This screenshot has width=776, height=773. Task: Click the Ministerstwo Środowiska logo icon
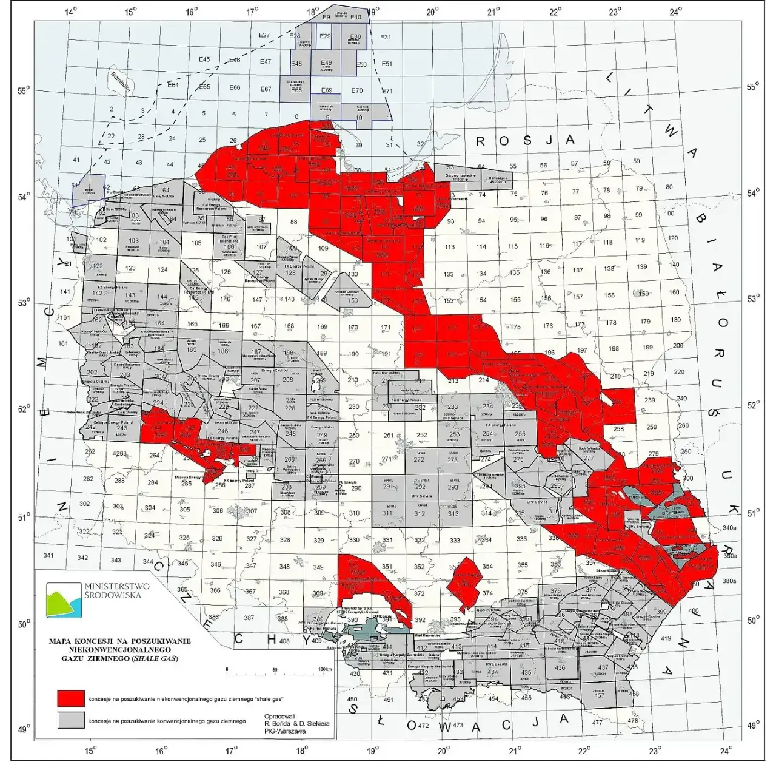pyautogui.click(x=64, y=599)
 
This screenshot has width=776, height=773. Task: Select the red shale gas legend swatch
pyautogui.click(x=70, y=698)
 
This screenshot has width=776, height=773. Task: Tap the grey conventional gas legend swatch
pyautogui.click(x=70, y=721)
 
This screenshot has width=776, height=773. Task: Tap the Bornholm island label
pyautogui.click(x=121, y=80)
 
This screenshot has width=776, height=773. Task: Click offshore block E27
pyautogui.click(x=264, y=35)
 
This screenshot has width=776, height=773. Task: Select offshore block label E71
pyautogui.click(x=387, y=91)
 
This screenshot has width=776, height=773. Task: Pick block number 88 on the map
pyautogui.click(x=294, y=222)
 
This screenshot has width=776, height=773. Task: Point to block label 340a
pyautogui.click(x=729, y=527)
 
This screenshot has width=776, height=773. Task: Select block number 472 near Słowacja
pyautogui.click(x=424, y=726)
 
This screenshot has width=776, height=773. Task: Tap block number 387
pyautogui.click(x=249, y=618)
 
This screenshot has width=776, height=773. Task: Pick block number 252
pyautogui.click(x=421, y=435)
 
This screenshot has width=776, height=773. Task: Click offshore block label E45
pyautogui.click(x=204, y=59)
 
